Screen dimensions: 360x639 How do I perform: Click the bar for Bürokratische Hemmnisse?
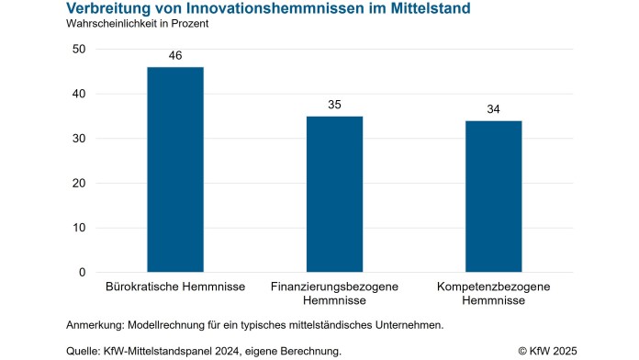coord(175,170)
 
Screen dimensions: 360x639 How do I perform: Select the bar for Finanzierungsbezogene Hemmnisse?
coord(334,194)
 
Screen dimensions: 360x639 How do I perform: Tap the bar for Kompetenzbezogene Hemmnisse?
coord(493,197)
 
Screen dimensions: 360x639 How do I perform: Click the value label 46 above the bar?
coord(175,56)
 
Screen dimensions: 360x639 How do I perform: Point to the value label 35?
coord(334,106)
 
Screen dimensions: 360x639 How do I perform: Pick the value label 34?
coord(493,110)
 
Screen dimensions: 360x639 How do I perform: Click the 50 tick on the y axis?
coord(80,50)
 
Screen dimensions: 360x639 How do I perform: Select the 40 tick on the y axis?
coord(80,95)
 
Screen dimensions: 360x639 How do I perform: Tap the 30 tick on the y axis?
coord(80,139)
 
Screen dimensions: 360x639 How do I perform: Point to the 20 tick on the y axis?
coord(80,184)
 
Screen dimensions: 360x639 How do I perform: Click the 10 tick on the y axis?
coord(80,228)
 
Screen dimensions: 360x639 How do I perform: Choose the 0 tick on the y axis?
coord(83,273)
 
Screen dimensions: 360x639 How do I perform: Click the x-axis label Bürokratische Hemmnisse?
coord(175,287)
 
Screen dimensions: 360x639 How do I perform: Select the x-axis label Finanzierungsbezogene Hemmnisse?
coord(334,294)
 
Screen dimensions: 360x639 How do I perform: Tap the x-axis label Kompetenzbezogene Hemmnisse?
coord(493,294)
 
